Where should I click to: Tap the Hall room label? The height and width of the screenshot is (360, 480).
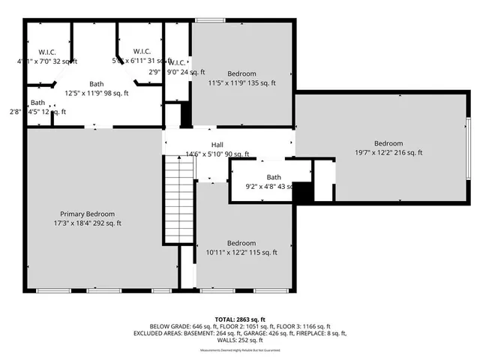(x=217, y=145)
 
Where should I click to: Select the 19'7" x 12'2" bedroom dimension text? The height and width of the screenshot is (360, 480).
(x=388, y=152)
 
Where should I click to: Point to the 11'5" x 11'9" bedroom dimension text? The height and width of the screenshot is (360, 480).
(x=241, y=83)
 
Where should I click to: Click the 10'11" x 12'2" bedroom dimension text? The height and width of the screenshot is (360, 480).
(x=241, y=253)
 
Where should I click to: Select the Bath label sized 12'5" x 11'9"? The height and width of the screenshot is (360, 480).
(x=97, y=84)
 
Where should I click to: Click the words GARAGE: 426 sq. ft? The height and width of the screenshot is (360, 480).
(x=271, y=333)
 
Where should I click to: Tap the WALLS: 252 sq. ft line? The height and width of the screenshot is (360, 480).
(x=239, y=340)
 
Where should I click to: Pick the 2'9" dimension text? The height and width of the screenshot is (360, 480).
(x=154, y=72)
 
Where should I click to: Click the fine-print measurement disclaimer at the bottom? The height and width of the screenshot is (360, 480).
(x=239, y=351)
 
